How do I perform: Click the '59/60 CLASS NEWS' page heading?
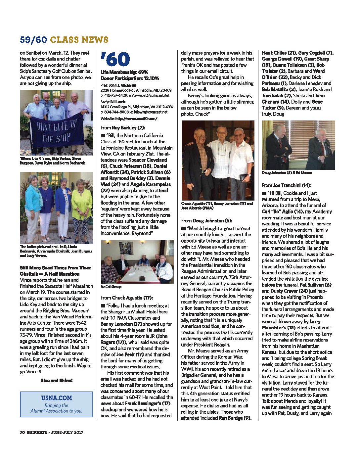pos(64,40)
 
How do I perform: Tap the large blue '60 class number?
pos(115,60)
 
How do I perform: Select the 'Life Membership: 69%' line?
pos(124,72)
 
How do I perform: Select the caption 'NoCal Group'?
pos(111,287)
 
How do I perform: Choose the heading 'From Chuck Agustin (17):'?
pos(127,298)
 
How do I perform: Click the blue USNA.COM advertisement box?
pos(56,404)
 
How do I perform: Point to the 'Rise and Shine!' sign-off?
pos(56,381)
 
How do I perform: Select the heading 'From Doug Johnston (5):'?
pos(206,221)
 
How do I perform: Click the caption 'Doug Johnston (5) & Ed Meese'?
pos(287,173)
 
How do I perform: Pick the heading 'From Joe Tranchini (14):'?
pos(286,185)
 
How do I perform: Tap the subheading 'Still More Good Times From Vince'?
pos(55,268)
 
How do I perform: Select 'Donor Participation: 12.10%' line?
pos(130,78)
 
